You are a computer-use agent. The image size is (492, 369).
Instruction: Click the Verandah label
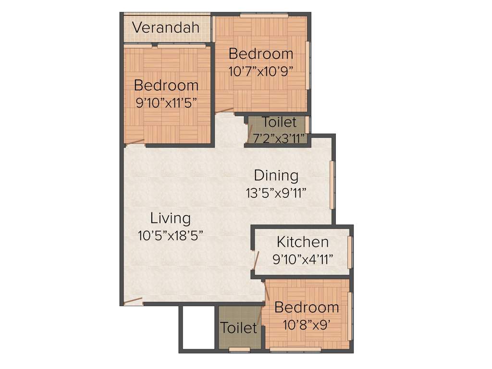tap(165, 27)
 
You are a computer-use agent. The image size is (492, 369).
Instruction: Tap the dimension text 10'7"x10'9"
tap(260, 71)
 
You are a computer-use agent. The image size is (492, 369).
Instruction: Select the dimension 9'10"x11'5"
tap(166, 103)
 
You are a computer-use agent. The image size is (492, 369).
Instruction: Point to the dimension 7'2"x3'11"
tap(279, 138)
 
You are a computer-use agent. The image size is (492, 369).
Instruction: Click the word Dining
tap(276, 175)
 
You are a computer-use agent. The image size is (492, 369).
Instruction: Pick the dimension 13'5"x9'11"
tap(276, 193)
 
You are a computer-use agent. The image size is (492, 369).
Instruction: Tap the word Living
tap(170, 218)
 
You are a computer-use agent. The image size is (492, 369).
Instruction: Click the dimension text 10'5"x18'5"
tap(170, 235)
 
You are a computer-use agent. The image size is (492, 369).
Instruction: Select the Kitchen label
tap(303, 242)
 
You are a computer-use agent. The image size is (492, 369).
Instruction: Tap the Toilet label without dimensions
tap(238, 328)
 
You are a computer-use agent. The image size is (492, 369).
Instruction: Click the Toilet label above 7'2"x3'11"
tap(279, 123)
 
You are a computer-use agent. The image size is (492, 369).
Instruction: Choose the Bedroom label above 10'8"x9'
tap(307, 307)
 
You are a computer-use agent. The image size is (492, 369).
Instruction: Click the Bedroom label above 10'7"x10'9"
tap(260, 53)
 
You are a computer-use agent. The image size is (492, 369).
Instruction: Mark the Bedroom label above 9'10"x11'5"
tap(166, 86)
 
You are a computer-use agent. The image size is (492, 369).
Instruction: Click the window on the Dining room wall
tap(332, 185)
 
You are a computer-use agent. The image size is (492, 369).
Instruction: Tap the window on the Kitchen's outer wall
tap(350, 252)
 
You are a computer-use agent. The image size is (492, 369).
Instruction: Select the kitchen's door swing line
tap(257, 260)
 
